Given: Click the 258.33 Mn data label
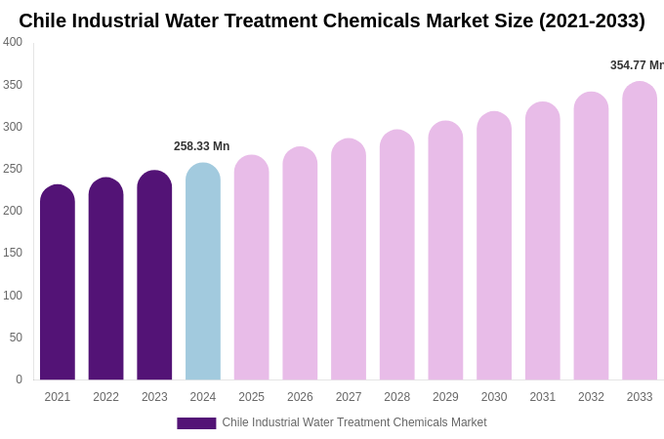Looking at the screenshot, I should coord(201,146).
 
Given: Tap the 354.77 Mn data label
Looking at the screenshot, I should coord(636,65).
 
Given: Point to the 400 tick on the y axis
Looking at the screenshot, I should coord(13,42).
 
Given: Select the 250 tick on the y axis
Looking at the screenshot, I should coord(13,169).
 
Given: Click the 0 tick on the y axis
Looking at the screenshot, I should coord(19,379).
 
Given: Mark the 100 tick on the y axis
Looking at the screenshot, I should coord(13,296).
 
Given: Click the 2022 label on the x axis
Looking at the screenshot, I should coord(105,397).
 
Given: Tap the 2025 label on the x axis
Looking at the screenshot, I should coord(251,397).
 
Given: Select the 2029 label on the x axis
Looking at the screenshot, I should coord(445,397).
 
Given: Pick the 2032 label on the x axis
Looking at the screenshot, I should coord(591,397).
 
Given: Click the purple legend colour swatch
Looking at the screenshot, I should coord(196,423).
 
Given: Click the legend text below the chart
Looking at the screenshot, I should coord(353,422).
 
